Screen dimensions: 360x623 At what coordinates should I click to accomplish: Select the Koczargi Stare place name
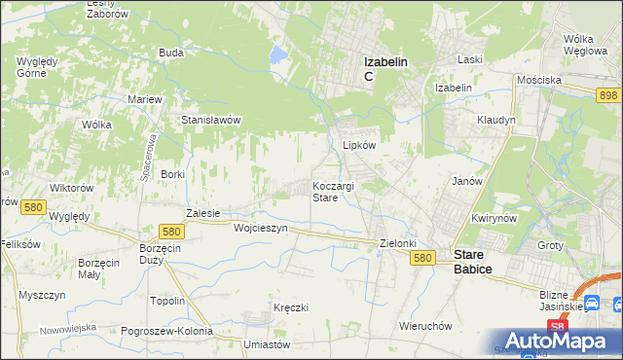(333, 191)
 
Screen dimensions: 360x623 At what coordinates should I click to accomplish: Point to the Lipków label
(359, 144)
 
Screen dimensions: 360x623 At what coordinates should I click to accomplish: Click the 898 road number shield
(608, 93)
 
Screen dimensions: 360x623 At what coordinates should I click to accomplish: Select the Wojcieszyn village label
(261, 228)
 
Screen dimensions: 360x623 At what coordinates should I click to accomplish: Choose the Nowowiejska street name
(68, 328)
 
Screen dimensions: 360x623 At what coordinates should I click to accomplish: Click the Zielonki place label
(397, 243)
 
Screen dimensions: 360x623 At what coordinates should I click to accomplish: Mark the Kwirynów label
(493, 219)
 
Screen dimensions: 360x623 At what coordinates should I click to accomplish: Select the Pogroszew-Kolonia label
(167, 331)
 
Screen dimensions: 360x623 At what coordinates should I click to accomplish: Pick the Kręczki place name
(291, 307)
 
